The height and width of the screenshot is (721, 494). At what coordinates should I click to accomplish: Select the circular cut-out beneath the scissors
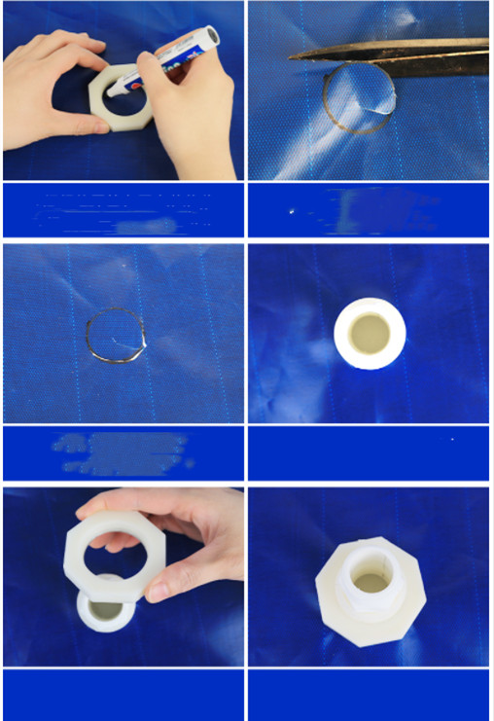pyautogui.click(x=360, y=99)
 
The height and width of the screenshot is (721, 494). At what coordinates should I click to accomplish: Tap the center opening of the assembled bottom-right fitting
pyautogui.click(x=370, y=582)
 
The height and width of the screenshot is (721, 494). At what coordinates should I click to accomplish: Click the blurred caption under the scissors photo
pyautogui.click(x=370, y=210)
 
